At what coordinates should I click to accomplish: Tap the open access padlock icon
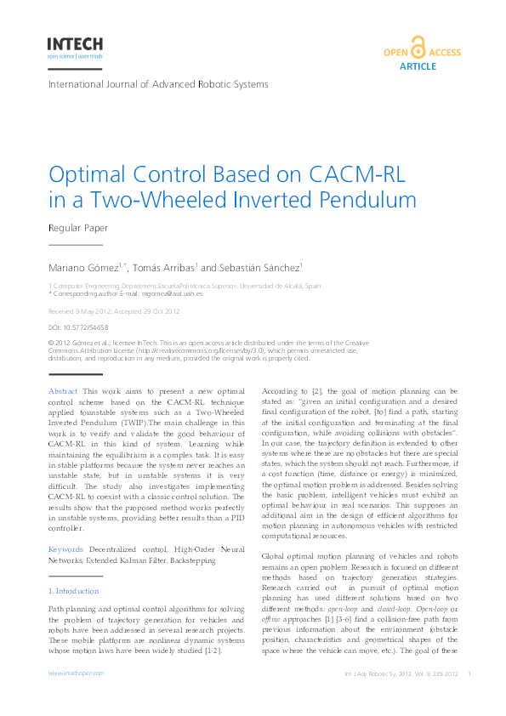pos(417,48)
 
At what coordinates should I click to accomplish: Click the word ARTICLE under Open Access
pos(417,66)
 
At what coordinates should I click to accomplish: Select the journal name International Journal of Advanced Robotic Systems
pos(158,84)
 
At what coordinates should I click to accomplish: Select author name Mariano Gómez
pos(84,267)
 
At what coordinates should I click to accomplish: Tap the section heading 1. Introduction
pos(75,590)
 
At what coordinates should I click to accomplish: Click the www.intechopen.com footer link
pos(76,673)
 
